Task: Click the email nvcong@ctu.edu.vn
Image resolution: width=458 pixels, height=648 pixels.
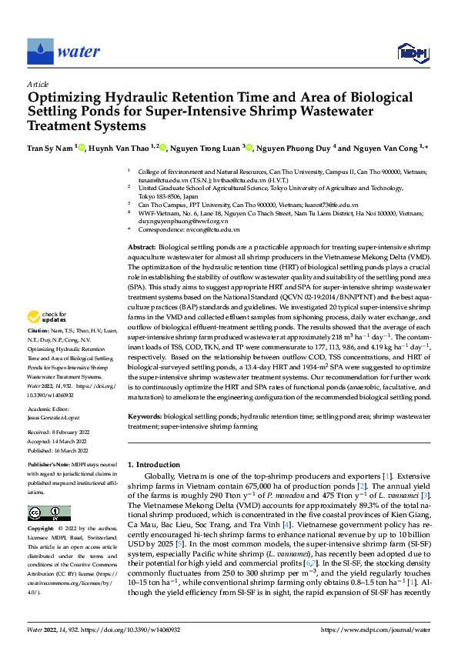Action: (x=210, y=229)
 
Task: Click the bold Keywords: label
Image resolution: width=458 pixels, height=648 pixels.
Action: (x=146, y=416)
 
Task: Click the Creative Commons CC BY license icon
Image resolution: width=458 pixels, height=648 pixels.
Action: (x=48, y=513)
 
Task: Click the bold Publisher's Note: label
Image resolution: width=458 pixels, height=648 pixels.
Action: (x=50, y=466)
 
